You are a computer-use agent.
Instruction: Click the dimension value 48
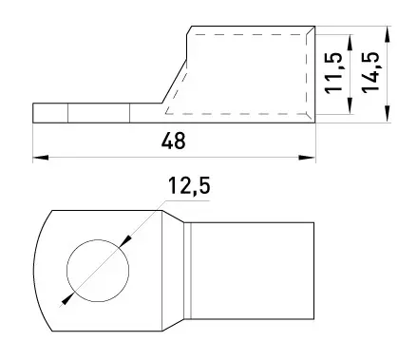click(174, 141)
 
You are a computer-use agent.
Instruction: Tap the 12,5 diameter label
click(189, 185)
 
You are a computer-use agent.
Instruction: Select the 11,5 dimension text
click(334, 72)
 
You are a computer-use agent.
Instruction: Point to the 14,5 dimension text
click(370, 72)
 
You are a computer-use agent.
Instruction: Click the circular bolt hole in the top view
click(98, 271)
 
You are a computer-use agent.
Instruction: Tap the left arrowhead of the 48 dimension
click(41, 158)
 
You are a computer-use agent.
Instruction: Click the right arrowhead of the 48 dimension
click(307, 158)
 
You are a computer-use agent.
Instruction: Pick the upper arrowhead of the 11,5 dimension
click(350, 42)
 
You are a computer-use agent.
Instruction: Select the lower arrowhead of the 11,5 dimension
click(350, 105)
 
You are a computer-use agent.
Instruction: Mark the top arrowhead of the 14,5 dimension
click(387, 34)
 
